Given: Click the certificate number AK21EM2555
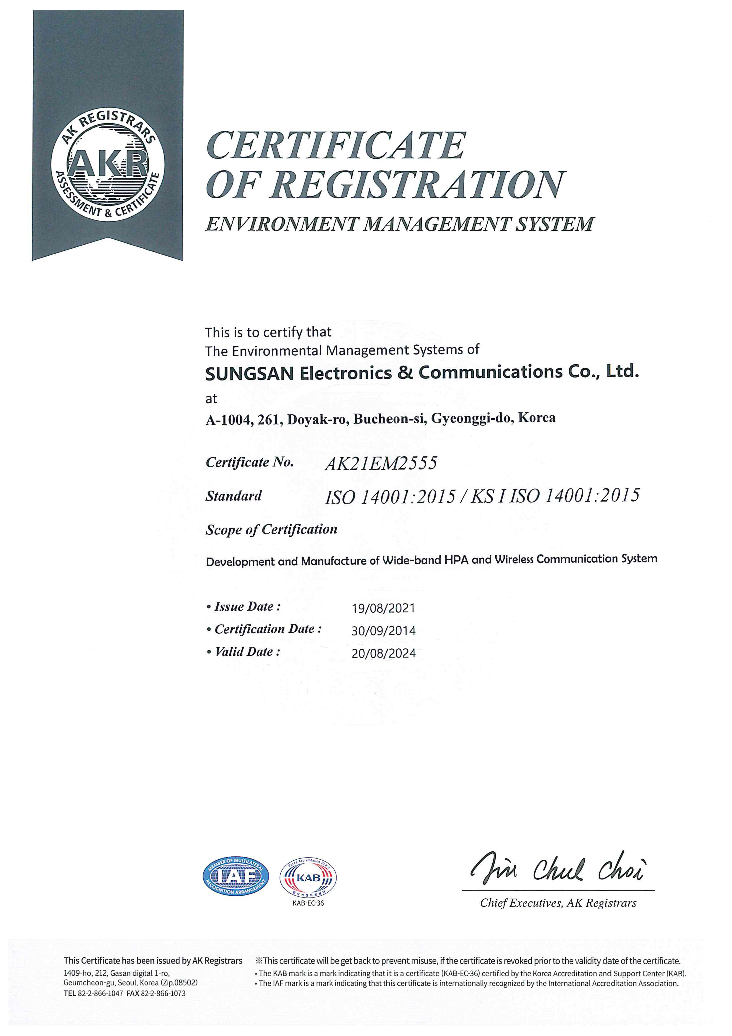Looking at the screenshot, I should pos(381,463).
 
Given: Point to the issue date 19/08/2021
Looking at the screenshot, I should pos(383,608).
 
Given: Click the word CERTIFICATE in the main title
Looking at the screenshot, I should pos(336,146).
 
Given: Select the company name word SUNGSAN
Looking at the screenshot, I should pos(249,374).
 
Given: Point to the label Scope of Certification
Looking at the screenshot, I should pos(271,529).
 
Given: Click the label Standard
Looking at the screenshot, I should pos(233,496).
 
